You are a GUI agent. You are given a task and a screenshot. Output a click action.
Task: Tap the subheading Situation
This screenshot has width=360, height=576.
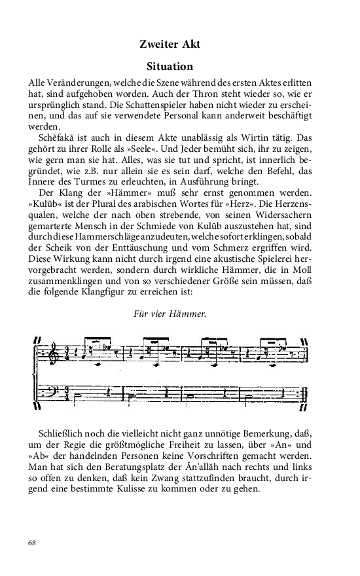[x=170, y=67]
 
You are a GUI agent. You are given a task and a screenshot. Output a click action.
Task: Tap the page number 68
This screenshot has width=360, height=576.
[x=33, y=543]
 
